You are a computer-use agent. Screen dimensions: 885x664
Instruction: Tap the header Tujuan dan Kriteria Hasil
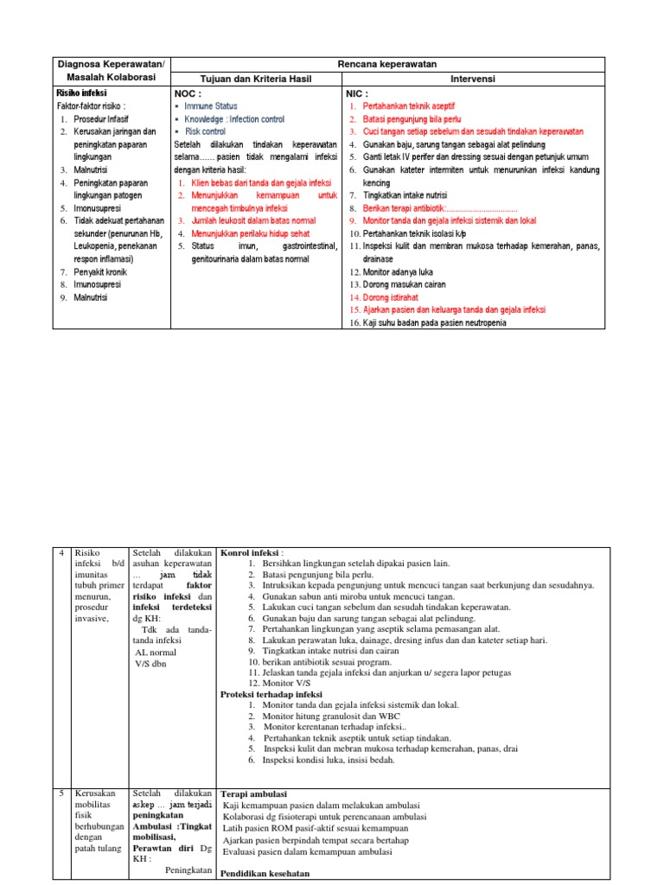(x=256, y=79)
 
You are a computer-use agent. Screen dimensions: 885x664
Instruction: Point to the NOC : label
(x=188, y=92)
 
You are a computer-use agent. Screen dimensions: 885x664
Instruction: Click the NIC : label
(x=357, y=92)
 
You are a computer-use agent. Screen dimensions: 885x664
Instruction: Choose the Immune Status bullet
(x=211, y=105)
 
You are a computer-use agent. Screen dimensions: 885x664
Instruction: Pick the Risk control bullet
(x=205, y=131)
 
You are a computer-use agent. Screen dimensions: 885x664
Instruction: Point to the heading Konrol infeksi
(x=252, y=552)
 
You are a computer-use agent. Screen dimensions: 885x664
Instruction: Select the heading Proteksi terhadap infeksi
(x=271, y=694)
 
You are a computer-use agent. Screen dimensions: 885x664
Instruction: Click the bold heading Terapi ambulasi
(x=254, y=793)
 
